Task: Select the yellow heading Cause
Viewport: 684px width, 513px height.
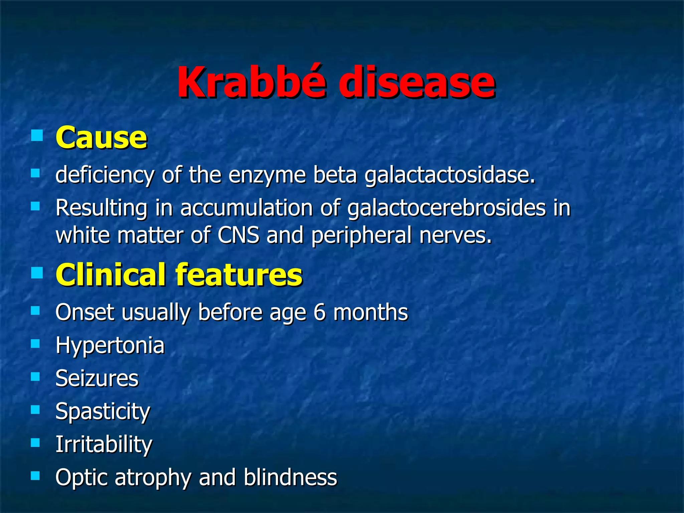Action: click(101, 137)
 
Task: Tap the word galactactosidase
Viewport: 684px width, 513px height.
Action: click(449, 175)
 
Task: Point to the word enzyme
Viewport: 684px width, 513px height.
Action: click(267, 175)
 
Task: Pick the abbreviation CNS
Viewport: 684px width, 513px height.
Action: click(238, 235)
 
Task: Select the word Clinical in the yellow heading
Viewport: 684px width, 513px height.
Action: click(111, 275)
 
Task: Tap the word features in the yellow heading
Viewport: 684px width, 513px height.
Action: click(239, 275)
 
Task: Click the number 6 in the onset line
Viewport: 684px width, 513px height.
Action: click(319, 312)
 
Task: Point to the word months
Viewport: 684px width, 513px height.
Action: click(371, 312)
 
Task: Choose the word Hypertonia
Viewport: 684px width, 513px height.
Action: click(110, 346)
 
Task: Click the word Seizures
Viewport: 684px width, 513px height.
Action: click(97, 378)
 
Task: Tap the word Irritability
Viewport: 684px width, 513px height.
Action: click(104, 445)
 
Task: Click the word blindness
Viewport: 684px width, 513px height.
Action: click(290, 477)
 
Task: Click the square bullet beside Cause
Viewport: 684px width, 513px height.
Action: click(37, 136)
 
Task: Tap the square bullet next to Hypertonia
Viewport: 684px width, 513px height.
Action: click(35, 343)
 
